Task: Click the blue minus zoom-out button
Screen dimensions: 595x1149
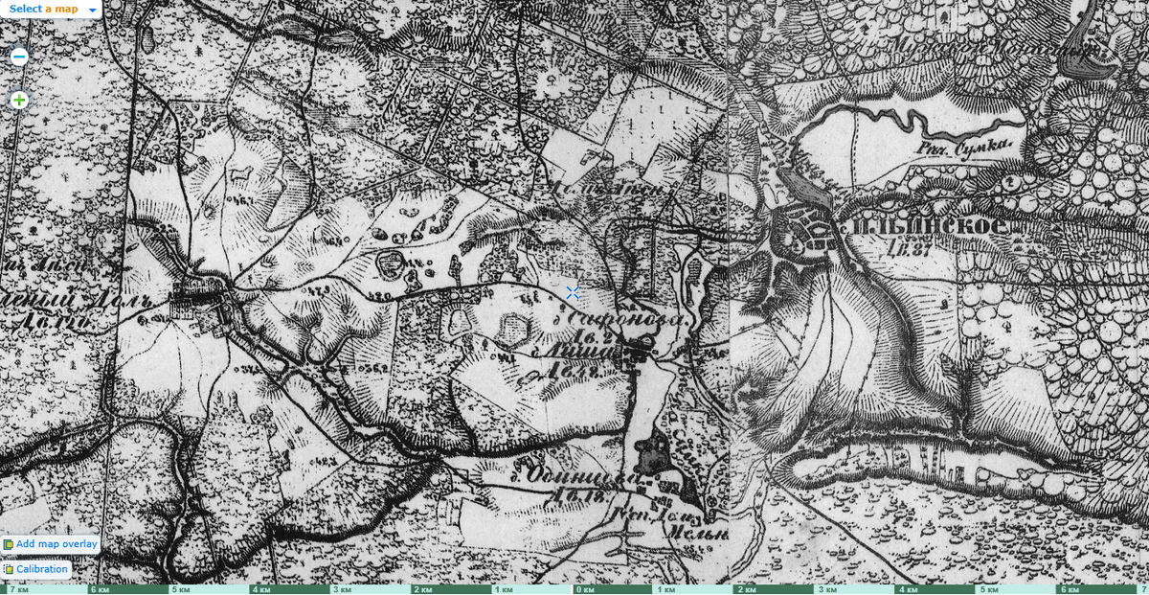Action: (x=19, y=57)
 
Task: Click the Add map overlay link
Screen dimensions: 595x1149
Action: (x=56, y=544)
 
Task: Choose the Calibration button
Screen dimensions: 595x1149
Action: (x=41, y=569)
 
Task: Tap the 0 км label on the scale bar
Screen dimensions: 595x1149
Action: (x=586, y=589)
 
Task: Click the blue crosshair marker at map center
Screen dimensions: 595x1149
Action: (x=573, y=292)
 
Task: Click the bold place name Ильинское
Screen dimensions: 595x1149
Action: (x=925, y=226)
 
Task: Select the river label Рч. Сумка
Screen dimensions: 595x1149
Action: (x=963, y=146)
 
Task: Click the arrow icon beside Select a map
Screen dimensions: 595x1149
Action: (x=92, y=10)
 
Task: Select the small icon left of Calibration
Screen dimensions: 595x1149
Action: (x=9, y=569)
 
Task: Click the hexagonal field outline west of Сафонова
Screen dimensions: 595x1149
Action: (x=515, y=328)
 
